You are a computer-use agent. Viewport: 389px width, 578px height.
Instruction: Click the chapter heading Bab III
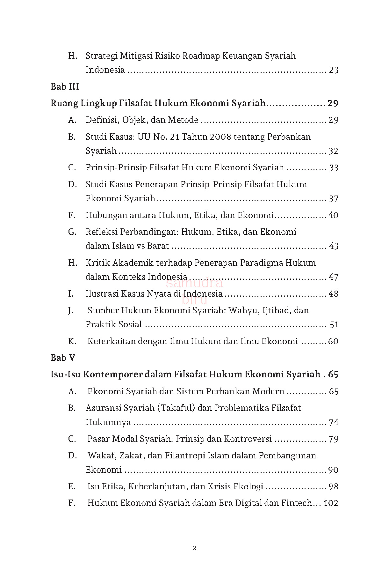click(x=65, y=86)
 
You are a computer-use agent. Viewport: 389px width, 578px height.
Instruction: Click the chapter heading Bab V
click(x=63, y=358)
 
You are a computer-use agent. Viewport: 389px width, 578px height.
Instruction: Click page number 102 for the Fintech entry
click(x=331, y=503)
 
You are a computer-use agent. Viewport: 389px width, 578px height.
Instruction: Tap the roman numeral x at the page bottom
click(x=195, y=548)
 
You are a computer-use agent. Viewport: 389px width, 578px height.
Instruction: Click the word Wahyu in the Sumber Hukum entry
click(x=240, y=310)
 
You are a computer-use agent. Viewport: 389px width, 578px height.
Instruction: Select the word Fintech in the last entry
click(x=296, y=503)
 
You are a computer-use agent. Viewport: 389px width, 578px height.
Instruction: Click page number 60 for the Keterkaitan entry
click(x=333, y=341)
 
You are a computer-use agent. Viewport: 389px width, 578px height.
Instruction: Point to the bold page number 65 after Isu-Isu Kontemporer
click(x=333, y=374)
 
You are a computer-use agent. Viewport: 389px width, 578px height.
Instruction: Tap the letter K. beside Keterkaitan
click(x=72, y=341)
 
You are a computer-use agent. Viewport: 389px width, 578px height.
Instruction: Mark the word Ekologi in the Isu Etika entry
click(x=248, y=486)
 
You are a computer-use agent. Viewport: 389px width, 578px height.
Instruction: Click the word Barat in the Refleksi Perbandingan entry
click(x=158, y=246)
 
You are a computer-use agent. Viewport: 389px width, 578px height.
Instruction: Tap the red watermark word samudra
click(x=195, y=283)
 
